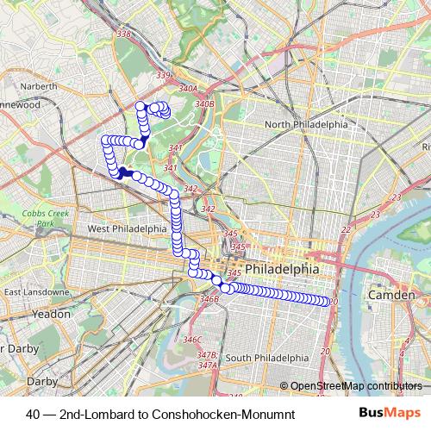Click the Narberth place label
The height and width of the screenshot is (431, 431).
41,86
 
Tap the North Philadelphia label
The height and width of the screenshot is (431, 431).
306,124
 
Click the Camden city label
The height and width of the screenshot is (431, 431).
392,295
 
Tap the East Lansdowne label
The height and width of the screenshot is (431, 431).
35,292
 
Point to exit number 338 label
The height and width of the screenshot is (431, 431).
124,34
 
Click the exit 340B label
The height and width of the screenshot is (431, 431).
204,103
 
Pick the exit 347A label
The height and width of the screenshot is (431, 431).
207,365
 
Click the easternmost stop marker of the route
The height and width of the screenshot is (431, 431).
328,302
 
